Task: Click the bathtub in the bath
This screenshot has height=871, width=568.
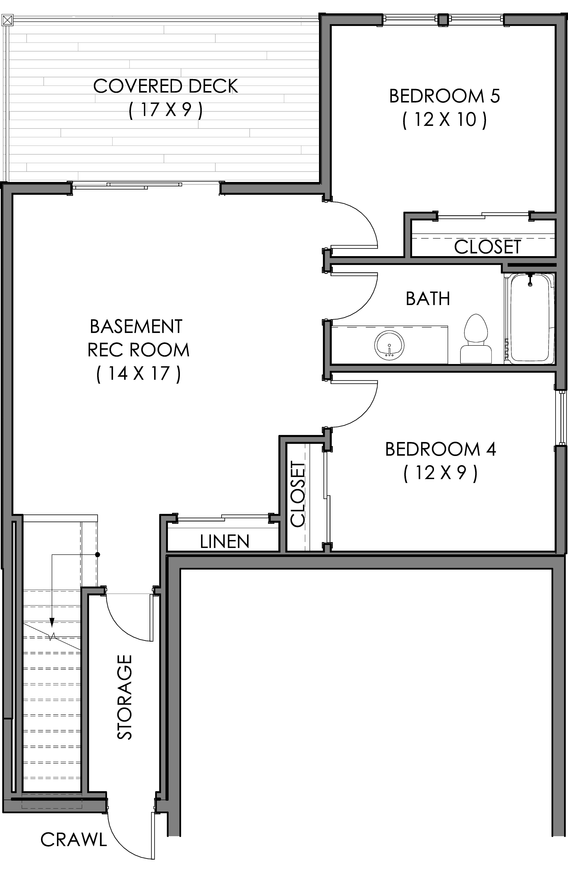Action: coord(532,318)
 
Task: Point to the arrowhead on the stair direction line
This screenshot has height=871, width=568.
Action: coord(52,622)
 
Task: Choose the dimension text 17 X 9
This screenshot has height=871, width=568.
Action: coord(166,109)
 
